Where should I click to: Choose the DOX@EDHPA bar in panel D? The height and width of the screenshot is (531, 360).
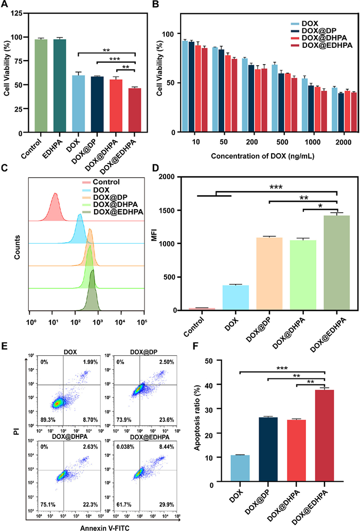[336, 263]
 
